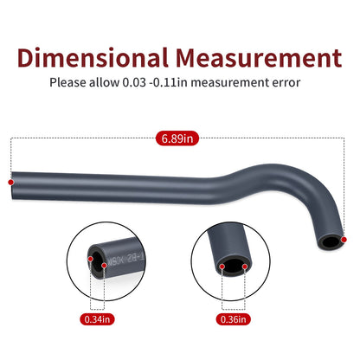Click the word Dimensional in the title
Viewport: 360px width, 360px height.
[x=93, y=58]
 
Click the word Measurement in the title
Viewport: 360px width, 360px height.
[x=259, y=58]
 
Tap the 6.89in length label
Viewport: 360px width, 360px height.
[x=177, y=138]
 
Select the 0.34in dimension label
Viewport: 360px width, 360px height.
[x=97, y=319]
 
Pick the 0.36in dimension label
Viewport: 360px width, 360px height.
[x=234, y=319]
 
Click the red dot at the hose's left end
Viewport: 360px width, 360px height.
[x=10, y=183]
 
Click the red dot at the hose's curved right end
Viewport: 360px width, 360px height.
[x=344, y=240]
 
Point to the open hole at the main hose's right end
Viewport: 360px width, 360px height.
[x=331, y=241]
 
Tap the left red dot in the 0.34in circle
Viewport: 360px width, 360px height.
[x=90, y=259]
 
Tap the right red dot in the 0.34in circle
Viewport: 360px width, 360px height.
[x=104, y=265]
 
